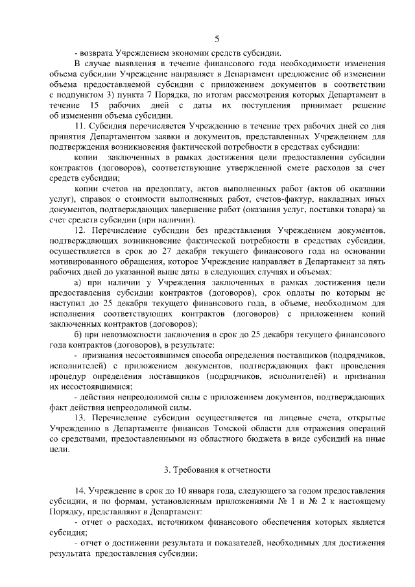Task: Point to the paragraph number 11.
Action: (81, 124)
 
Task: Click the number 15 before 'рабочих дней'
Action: (95, 105)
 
